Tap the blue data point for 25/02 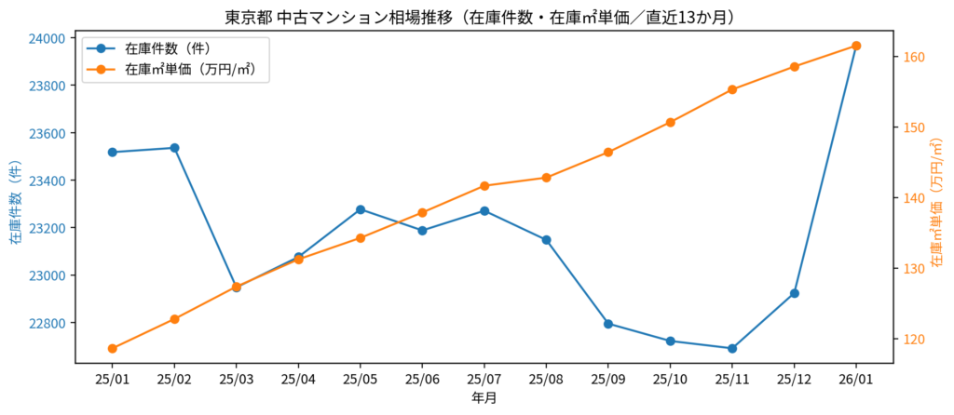tap(174, 148)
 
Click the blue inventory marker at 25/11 tap(732, 349)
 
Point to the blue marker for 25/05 tap(361, 209)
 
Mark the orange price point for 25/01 tap(113, 349)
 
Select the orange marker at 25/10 tap(670, 122)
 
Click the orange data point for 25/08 tap(546, 178)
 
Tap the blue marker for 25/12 tap(795, 293)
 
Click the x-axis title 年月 tap(484, 398)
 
